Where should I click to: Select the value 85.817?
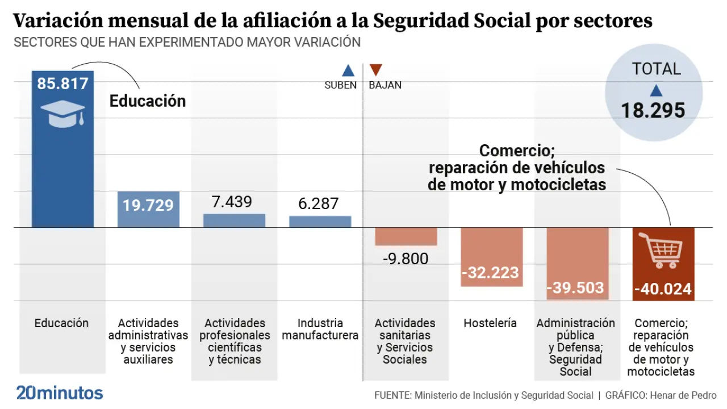pyautogui.click(x=62, y=84)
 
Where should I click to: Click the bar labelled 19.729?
pyautogui.click(x=148, y=209)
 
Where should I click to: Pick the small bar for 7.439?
pyautogui.click(x=234, y=220)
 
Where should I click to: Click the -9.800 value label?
pyautogui.click(x=406, y=259)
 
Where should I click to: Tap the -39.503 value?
pyautogui.click(x=575, y=287)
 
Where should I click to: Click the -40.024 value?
pyautogui.click(x=663, y=290)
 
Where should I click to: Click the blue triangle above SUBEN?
pyautogui.click(x=348, y=71)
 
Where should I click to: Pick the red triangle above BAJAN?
pyautogui.click(x=375, y=70)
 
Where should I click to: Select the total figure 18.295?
pyautogui.click(x=653, y=110)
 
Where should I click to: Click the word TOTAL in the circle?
pyautogui.click(x=657, y=69)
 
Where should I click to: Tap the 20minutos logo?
pyautogui.click(x=60, y=393)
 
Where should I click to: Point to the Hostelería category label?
pyautogui.click(x=490, y=323)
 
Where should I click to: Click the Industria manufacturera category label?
pyautogui.click(x=320, y=329)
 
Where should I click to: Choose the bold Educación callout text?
pyautogui.click(x=148, y=101)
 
